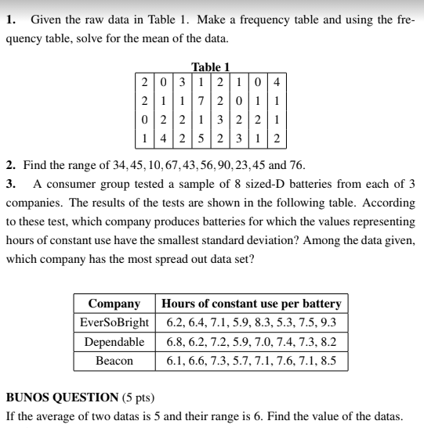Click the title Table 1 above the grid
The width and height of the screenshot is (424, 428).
[210, 68]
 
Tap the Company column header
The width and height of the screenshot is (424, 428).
[114, 304]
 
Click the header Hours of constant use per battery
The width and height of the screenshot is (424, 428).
[251, 304]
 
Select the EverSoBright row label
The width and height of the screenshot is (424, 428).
[114, 322]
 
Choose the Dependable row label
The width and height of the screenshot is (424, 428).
[114, 342]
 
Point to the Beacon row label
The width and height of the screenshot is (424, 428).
[114, 361]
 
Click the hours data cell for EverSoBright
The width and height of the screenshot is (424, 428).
[251, 322]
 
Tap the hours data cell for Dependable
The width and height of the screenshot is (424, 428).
[251, 342]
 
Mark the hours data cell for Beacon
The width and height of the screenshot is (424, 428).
[251, 361]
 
